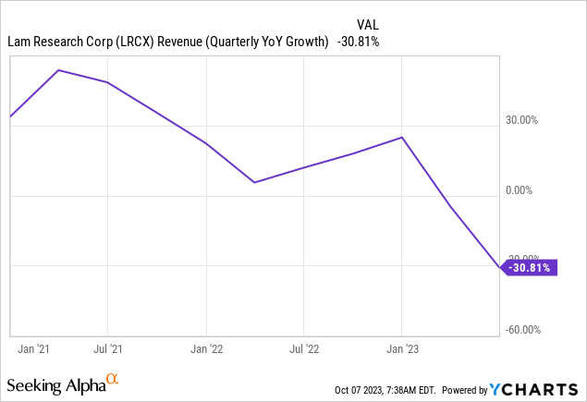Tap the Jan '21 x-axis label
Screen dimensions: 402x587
(35, 349)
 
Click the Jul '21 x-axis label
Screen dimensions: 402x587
(108, 349)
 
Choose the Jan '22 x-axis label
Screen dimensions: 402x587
(206, 349)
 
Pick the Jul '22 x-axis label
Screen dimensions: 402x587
(304, 349)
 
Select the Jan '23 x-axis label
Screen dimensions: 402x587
(402, 349)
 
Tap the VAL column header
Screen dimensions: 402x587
(367, 23)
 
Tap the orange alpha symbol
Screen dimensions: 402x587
(113, 379)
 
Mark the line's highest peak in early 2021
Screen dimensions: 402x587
(59, 70)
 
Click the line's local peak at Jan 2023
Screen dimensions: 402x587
(402, 137)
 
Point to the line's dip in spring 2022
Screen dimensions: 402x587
(254, 183)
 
